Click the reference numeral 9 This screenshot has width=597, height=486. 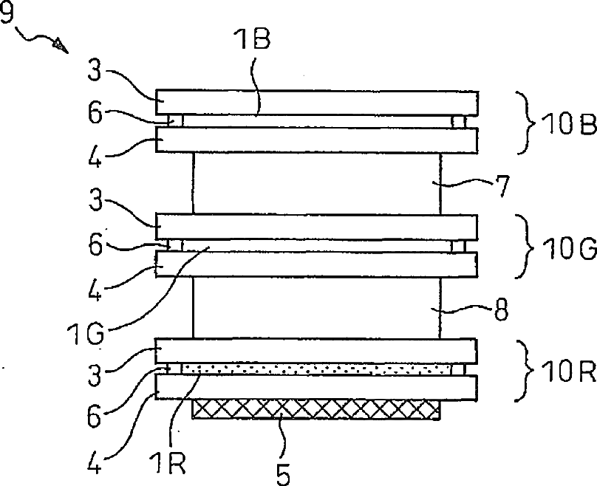pyautogui.click(x=7, y=11)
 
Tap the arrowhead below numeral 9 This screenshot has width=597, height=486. pyautogui.click(x=61, y=45)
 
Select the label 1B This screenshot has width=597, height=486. pyautogui.click(x=253, y=40)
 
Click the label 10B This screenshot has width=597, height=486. pyautogui.click(x=568, y=124)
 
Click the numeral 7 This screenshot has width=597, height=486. pyautogui.click(x=502, y=185)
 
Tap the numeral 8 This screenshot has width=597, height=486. pyautogui.click(x=501, y=309)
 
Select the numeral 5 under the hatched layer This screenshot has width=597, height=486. pyautogui.click(x=283, y=474)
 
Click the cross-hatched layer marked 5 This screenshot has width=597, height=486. pyautogui.click(x=316, y=409)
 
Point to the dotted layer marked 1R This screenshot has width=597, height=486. pyautogui.click(x=316, y=369)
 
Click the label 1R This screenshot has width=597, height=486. pyautogui.click(x=168, y=463)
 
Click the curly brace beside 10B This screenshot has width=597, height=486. pyautogui.click(x=525, y=123)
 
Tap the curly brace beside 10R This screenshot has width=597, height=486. pyautogui.click(x=525, y=370)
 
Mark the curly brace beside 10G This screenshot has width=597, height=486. pyautogui.click(x=525, y=247)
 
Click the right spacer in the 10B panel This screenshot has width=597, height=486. pyautogui.click(x=458, y=122)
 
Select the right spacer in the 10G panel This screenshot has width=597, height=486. pyautogui.click(x=458, y=247)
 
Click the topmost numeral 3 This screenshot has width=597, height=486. pyautogui.click(x=95, y=70)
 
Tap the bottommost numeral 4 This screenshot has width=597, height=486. pyautogui.click(x=95, y=463)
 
